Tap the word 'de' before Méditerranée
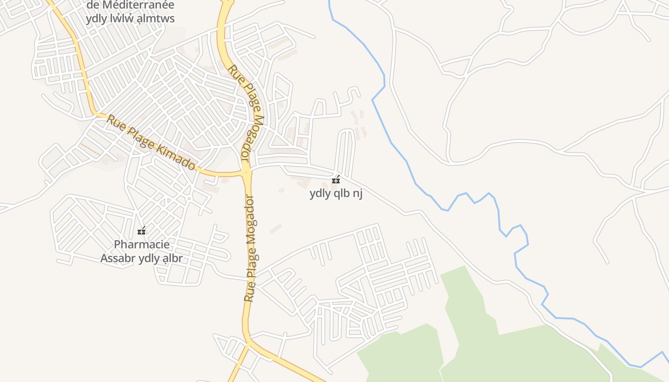tap(94, 5)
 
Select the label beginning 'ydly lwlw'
tap(130, 19)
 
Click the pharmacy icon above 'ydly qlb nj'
tap(336, 180)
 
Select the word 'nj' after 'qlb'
tap(357, 194)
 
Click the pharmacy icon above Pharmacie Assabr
tap(141, 231)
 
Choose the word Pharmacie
tap(141, 244)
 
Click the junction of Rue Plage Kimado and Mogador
tap(247, 172)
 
